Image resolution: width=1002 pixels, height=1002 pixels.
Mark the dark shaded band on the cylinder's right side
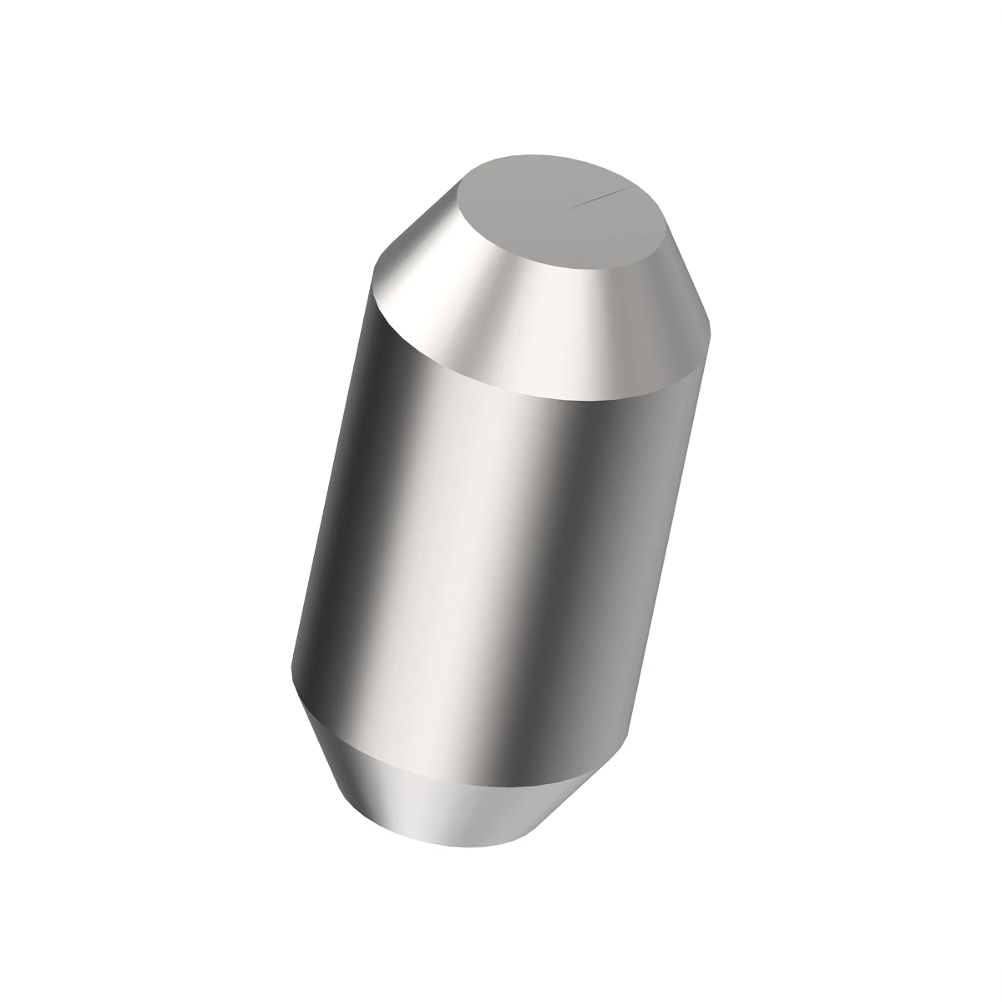click(601, 584)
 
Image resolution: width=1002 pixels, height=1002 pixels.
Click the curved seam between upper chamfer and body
click(501, 389)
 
